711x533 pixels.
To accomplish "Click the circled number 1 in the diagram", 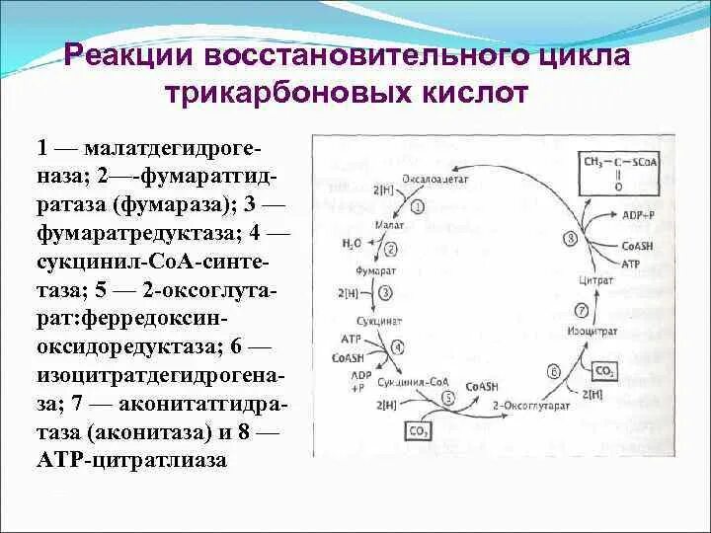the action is point(418,206).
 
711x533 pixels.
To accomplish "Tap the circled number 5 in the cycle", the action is point(448,398).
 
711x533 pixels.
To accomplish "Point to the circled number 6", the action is point(554,372).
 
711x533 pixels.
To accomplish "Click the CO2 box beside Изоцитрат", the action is point(603,370).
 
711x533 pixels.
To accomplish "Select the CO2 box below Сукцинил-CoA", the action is point(418,429).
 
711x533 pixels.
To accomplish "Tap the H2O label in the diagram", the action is point(353,242).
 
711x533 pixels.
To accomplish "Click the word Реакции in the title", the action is point(129,55).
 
